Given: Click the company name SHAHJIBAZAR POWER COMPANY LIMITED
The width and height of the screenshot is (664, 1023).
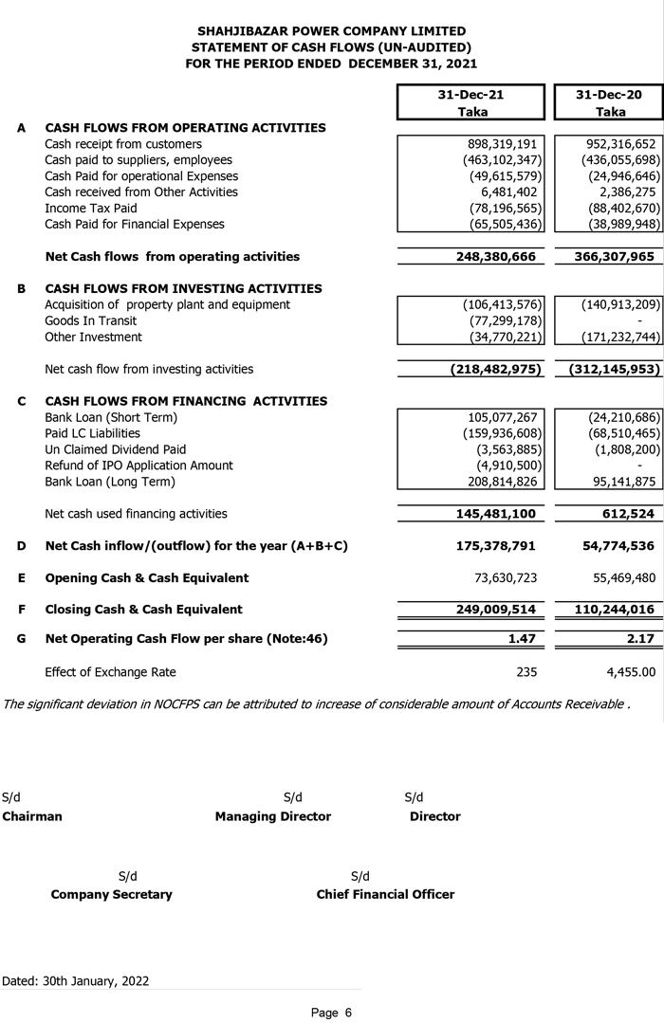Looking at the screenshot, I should (331, 31).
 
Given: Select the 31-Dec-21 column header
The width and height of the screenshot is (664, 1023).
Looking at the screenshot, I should (471, 96).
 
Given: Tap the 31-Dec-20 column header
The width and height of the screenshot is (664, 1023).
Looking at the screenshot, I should (609, 96).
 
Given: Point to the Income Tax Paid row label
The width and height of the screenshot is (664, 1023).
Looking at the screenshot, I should (91, 209).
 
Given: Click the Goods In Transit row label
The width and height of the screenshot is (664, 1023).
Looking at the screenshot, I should (91, 321).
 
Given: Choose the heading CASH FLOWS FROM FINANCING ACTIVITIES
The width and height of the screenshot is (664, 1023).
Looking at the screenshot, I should (186, 401).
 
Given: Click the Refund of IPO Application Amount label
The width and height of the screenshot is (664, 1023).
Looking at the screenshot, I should (138, 466).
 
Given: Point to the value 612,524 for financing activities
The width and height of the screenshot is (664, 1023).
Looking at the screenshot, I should (629, 514).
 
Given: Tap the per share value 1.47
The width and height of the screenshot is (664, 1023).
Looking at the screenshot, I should (522, 640).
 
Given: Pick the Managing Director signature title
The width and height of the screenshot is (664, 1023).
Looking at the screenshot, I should (273, 816).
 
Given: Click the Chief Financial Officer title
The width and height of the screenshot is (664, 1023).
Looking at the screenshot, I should (385, 894).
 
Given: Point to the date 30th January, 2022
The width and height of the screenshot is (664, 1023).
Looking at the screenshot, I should (95, 981).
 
